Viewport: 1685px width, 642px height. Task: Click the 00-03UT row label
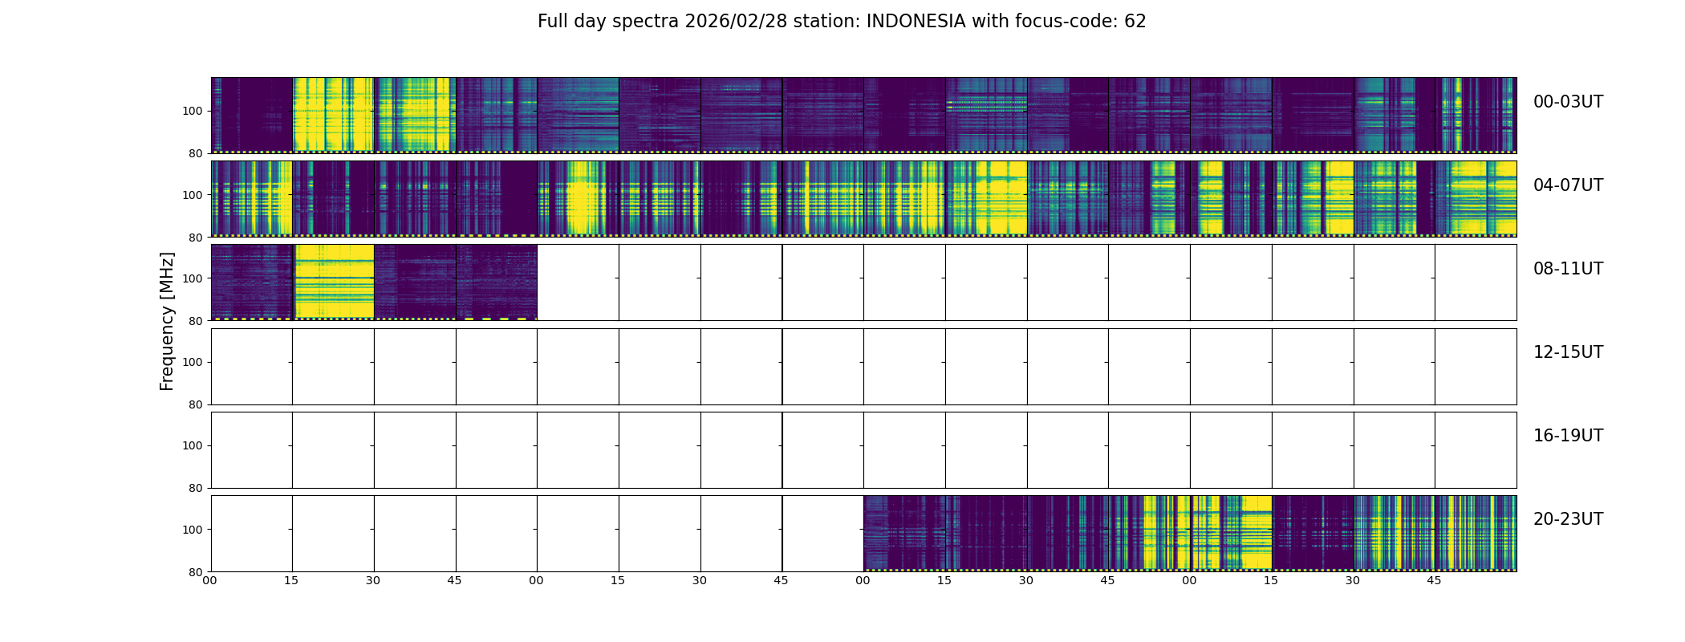click(x=1567, y=102)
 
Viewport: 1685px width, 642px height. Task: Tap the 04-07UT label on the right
click(x=1567, y=185)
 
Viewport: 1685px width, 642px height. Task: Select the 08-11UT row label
click(x=1567, y=269)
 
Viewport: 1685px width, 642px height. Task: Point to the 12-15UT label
click(x=1567, y=352)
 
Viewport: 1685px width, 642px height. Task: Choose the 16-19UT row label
click(x=1567, y=436)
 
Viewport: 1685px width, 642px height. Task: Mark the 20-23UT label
click(x=1567, y=519)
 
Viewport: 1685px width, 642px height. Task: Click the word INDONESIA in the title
click(x=916, y=22)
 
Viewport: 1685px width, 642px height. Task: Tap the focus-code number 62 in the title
click(x=1135, y=22)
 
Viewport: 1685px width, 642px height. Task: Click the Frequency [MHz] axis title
click(x=167, y=321)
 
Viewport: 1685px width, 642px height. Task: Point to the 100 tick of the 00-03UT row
click(x=192, y=112)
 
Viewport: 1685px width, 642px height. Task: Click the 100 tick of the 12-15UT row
click(x=192, y=363)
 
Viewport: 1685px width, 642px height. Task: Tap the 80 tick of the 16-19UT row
click(x=195, y=488)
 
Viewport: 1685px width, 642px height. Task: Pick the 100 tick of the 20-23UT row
click(x=192, y=530)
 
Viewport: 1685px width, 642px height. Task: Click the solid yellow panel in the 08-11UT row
click(x=334, y=282)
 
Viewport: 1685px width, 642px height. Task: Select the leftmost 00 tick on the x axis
click(x=210, y=581)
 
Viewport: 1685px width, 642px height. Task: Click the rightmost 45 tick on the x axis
click(x=1434, y=581)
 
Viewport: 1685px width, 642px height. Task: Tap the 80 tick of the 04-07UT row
click(x=195, y=238)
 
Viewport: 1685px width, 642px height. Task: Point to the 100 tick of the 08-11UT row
click(x=192, y=278)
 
